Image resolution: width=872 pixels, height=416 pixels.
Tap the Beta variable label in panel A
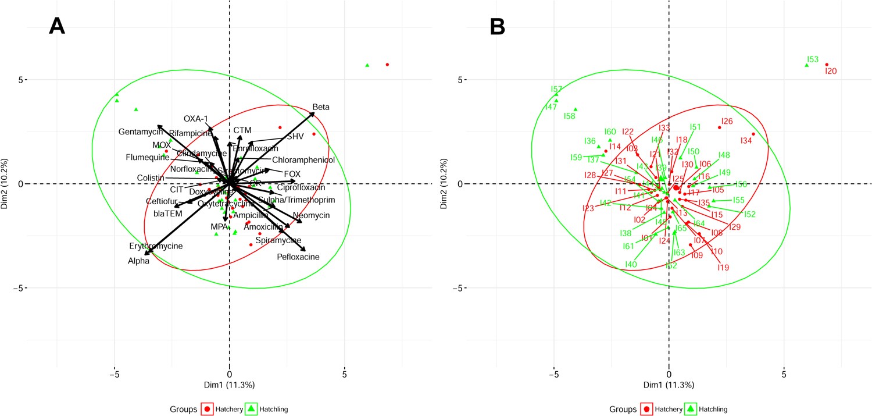click(321, 107)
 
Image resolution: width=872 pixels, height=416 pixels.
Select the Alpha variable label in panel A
click(139, 261)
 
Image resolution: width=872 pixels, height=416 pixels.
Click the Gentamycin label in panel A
click(141, 132)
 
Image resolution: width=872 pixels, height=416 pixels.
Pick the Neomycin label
click(312, 215)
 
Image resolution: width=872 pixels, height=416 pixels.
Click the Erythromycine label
click(156, 246)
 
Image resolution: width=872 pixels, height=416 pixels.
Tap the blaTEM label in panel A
click(168, 214)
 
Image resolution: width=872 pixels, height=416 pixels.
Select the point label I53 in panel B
click(813, 59)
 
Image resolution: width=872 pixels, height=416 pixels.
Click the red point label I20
click(831, 71)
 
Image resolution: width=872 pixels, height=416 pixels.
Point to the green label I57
click(556, 89)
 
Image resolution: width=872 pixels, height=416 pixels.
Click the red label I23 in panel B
click(588, 208)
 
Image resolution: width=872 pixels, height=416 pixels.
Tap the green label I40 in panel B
click(631, 265)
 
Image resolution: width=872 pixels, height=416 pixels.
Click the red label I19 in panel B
click(723, 268)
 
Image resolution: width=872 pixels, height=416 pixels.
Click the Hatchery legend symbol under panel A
click(206, 409)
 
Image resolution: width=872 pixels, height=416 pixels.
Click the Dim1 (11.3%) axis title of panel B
click(669, 385)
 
